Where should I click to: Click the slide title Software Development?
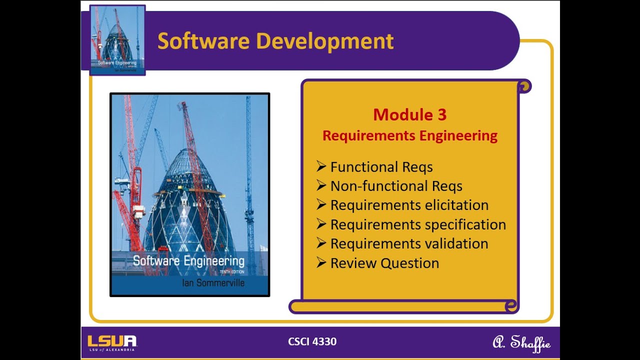coord(275,41)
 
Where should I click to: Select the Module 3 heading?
coord(409,115)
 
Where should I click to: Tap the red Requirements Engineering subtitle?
coord(409,135)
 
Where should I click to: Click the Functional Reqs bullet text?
coord(381,166)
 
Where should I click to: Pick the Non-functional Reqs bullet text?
coord(396,186)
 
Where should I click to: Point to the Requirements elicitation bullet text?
coord(409,205)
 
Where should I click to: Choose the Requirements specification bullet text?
coord(418,224)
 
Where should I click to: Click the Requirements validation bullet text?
coord(409,243)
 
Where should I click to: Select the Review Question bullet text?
coord(384,263)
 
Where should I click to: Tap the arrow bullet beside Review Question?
coord(321,262)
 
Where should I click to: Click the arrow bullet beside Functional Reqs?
coord(321,166)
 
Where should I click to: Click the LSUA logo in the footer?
coord(112,342)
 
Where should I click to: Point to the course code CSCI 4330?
coord(312,341)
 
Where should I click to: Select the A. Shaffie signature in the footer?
coord(521,343)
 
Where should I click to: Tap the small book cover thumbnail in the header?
coord(117,40)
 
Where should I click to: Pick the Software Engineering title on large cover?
coord(188,260)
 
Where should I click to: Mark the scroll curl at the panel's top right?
coord(523,87)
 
